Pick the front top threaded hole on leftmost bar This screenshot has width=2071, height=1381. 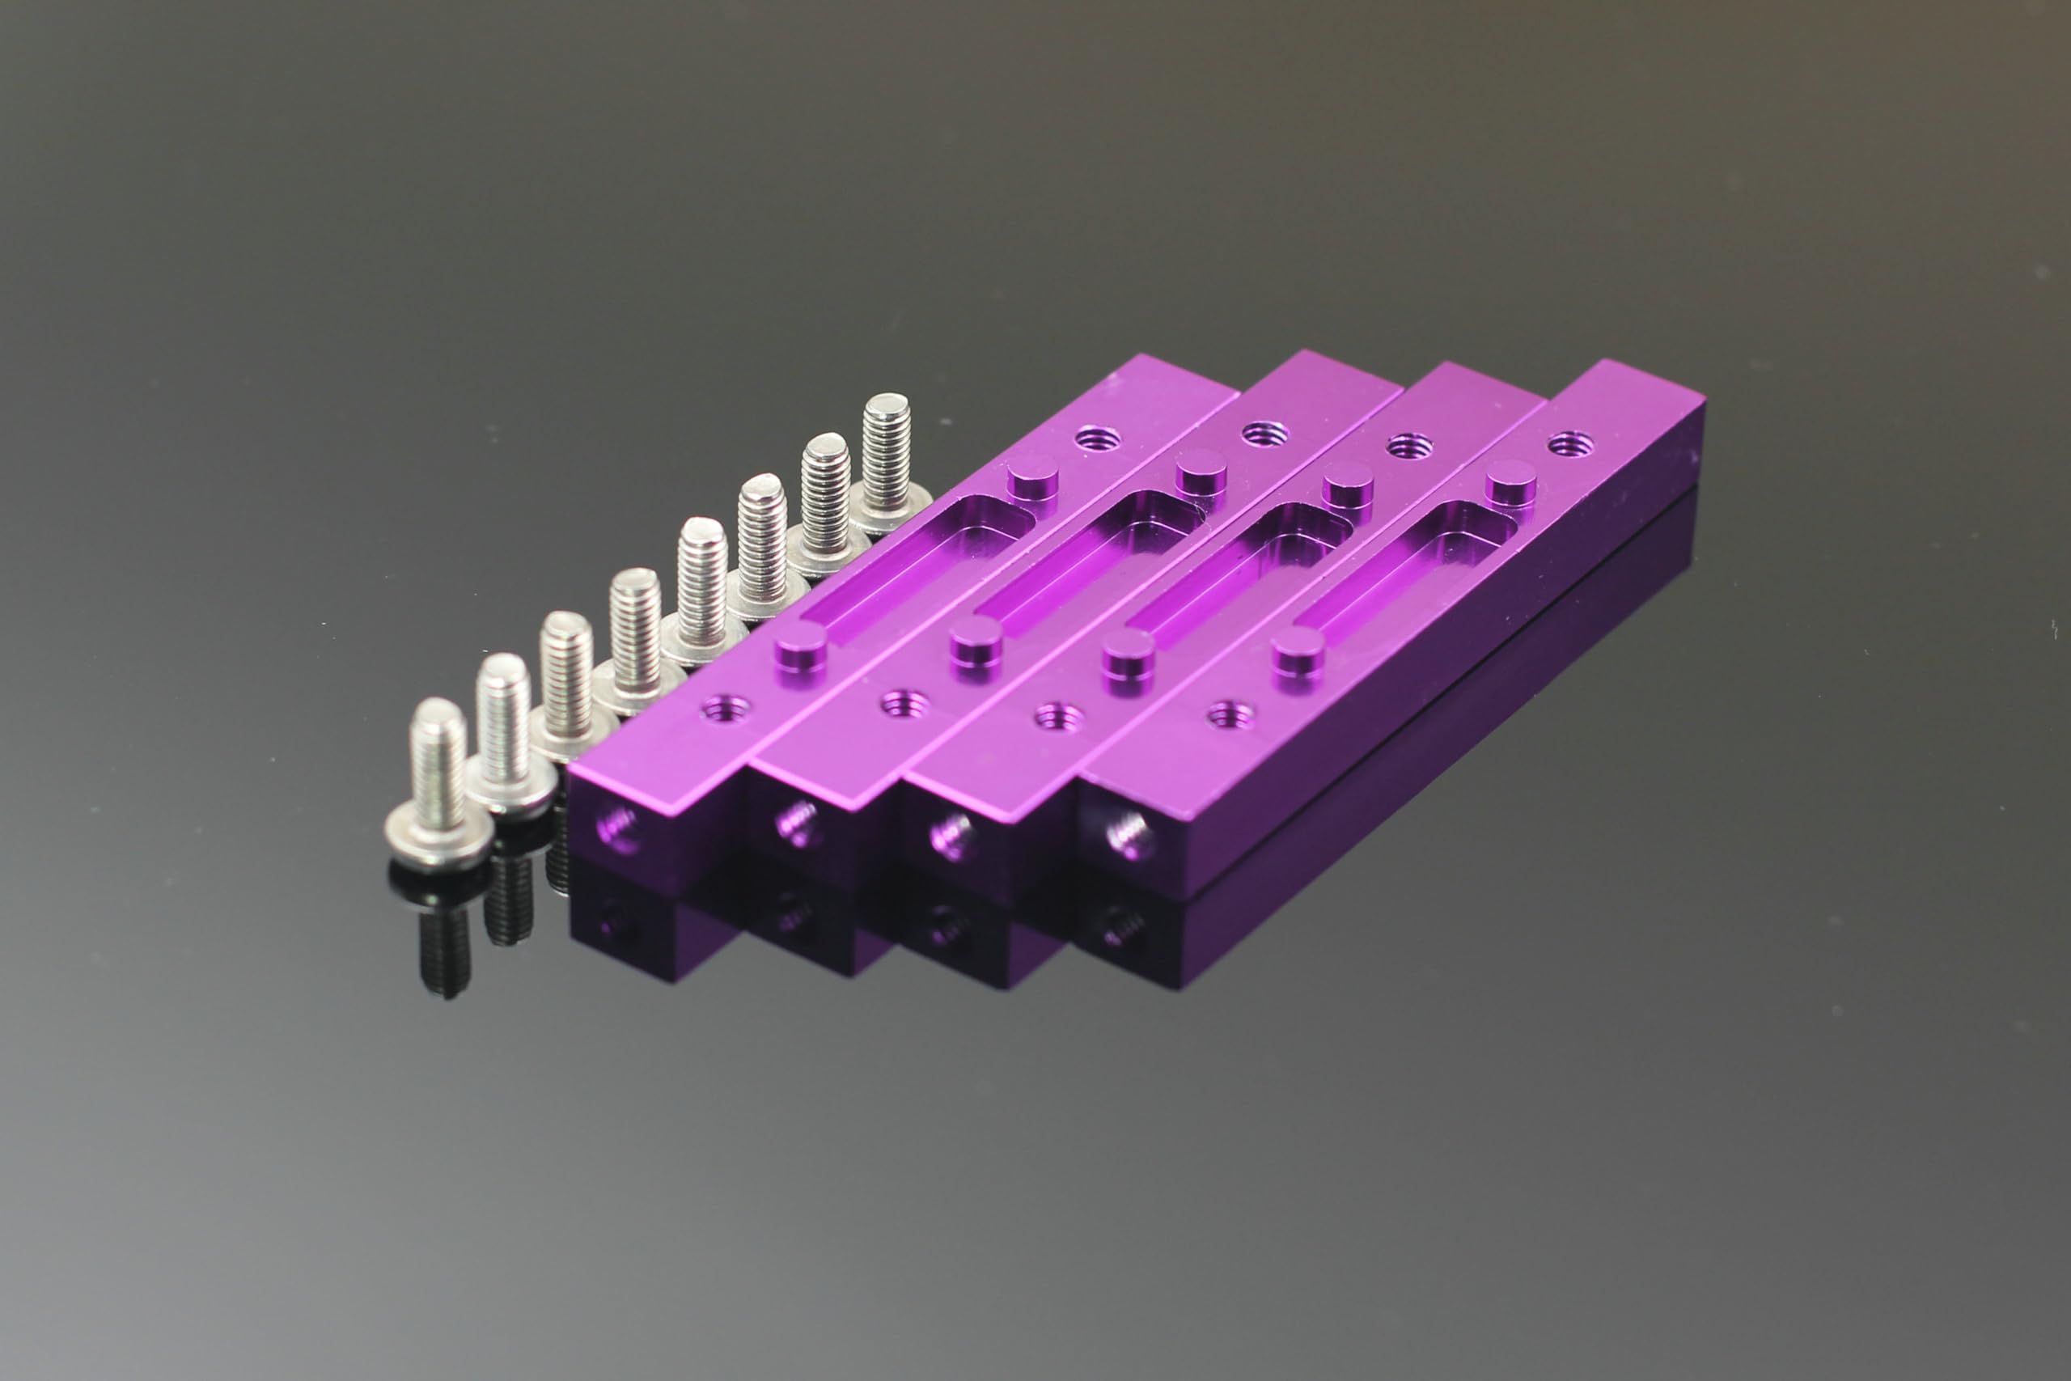726,705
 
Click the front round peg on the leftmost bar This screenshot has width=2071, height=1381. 800,651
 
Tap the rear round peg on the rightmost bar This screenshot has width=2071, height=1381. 1512,485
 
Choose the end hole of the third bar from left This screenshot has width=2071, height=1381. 952,833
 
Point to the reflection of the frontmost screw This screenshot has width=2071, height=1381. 445,943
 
